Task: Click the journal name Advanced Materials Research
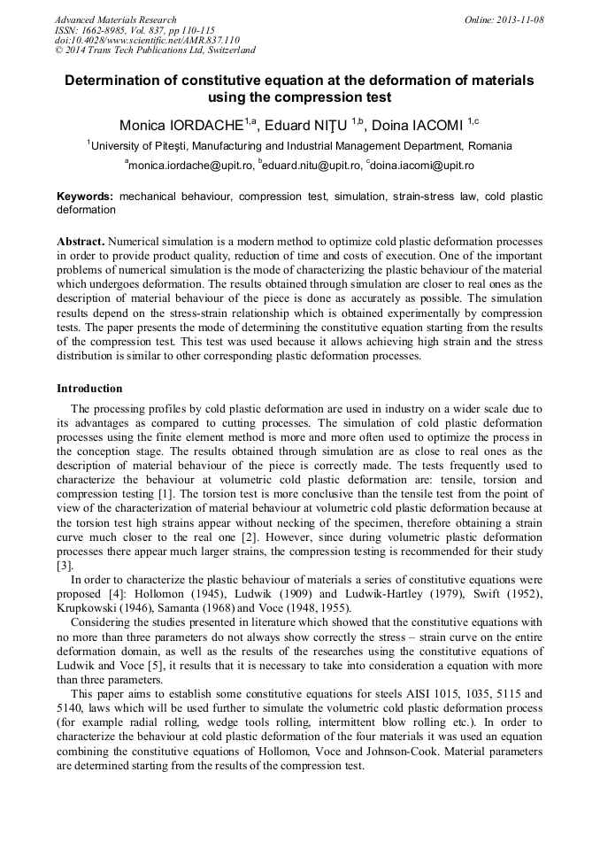[115, 19]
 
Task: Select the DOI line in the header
[147, 41]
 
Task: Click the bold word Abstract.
[81, 242]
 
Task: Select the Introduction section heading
[89, 389]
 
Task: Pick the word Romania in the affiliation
[490, 146]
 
